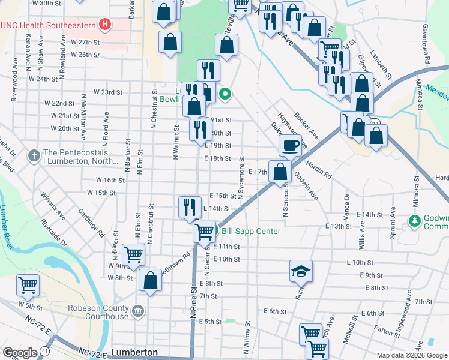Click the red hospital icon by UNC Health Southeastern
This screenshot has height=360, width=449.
pos(106,25)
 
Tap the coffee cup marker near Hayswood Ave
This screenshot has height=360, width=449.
pos(291,145)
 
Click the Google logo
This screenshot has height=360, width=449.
pos(19,352)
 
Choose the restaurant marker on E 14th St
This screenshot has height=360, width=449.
pos(190,207)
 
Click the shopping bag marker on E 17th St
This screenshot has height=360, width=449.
pos(280,171)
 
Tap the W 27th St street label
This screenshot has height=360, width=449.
pos(85,42)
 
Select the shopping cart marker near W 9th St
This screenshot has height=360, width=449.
pos(133,254)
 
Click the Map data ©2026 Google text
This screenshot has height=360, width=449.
pos(412,355)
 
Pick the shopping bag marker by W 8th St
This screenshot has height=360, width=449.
pos(150,280)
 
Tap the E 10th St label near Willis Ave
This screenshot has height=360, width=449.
pos(360,263)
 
